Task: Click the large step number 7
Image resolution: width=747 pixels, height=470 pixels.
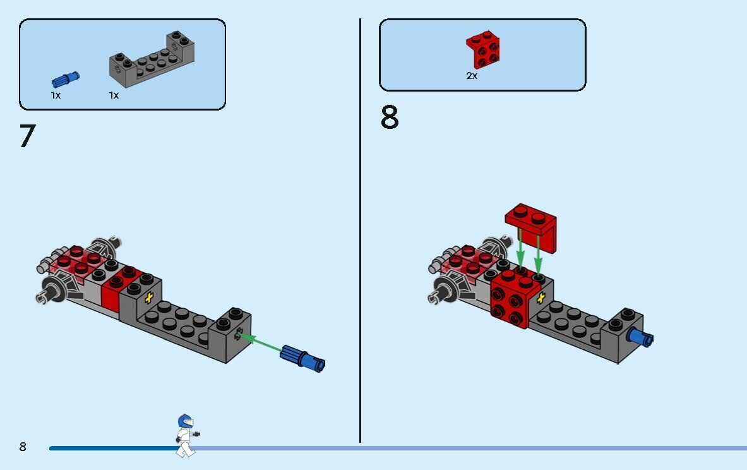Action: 28,136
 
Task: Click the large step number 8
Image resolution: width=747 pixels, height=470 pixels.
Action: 390,117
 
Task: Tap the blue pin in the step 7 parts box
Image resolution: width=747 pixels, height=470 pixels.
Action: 65,79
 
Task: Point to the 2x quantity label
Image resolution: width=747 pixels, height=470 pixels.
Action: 472,75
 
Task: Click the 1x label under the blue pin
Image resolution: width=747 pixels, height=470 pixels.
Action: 56,95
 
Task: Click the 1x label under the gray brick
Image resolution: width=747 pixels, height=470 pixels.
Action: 114,95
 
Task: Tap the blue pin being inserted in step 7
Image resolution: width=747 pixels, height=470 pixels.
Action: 302,358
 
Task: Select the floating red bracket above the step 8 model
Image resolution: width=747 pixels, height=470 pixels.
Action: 531,226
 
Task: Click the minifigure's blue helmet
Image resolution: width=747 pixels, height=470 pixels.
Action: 185,421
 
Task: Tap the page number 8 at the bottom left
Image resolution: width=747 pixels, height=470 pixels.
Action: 23,447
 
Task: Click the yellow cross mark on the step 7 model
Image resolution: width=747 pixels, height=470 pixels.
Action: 149,298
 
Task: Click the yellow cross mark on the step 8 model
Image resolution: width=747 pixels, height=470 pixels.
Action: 541,298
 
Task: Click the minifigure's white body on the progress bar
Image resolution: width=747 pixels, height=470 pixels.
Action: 185,439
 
